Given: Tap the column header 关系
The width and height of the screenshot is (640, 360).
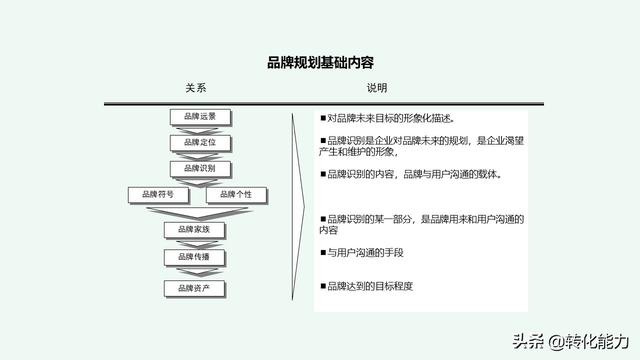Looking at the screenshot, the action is [195, 88].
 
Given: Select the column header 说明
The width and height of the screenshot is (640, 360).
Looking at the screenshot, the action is [376, 88].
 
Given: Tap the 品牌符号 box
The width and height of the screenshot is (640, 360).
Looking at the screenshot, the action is [158, 194].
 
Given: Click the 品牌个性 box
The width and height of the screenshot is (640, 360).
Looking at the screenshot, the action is [235, 194].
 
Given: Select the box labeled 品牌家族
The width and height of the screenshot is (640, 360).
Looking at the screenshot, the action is [194, 230].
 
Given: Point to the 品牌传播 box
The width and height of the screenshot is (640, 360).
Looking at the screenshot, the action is [194, 257].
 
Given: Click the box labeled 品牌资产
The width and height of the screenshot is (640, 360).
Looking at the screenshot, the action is [194, 289].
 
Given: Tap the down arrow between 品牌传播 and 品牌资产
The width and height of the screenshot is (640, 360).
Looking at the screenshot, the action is [194, 273].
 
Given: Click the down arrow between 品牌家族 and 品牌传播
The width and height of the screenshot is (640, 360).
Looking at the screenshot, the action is [194, 244].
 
